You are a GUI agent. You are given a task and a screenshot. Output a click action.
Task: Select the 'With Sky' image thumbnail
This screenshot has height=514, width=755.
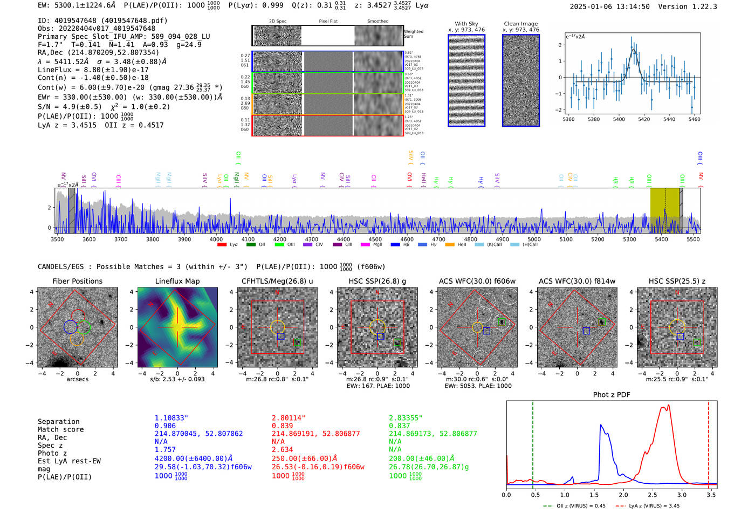click(x=466, y=80)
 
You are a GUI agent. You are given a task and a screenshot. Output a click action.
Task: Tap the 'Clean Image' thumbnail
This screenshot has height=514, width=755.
click(x=520, y=80)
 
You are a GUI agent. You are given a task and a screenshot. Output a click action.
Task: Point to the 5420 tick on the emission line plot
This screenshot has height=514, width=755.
click(x=644, y=119)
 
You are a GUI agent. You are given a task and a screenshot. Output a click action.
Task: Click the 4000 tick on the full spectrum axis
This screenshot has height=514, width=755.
click(x=216, y=239)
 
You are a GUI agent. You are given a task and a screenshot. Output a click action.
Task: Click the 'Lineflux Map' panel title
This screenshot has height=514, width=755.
click(x=177, y=281)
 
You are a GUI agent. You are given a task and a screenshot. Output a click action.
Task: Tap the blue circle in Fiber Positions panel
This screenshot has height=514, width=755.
click(x=70, y=327)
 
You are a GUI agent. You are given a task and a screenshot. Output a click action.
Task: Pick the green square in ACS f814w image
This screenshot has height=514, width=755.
click(x=601, y=321)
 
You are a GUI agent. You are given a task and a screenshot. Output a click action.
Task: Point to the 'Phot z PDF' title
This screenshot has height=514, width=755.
click(x=611, y=395)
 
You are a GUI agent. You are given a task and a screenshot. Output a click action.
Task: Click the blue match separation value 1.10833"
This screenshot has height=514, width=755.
click(x=171, y=418)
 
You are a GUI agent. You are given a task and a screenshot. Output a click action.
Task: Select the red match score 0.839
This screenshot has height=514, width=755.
click(x=283, y=426)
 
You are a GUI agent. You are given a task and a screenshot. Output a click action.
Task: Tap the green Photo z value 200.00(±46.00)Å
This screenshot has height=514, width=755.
click(x=421, y=458)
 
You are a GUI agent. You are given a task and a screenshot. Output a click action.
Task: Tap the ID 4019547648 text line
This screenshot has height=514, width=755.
click(x=102, y=20)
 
